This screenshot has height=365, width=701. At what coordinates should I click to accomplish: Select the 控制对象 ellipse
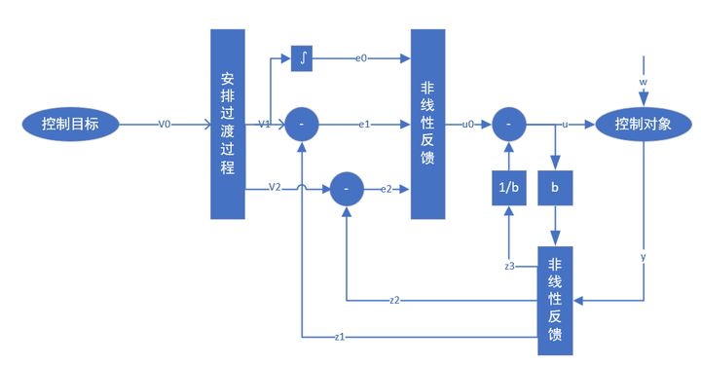642,125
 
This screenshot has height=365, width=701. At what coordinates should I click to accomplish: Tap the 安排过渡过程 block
227,124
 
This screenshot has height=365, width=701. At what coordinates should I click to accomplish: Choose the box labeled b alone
556,187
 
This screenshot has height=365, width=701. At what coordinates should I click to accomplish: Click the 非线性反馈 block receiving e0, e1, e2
427,124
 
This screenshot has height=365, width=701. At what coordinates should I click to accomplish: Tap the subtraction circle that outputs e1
303,125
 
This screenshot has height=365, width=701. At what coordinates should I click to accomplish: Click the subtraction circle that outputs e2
348,187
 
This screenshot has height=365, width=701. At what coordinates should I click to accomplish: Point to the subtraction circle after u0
508,125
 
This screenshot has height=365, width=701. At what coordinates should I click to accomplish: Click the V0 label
165,125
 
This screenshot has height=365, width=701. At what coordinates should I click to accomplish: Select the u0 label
468,125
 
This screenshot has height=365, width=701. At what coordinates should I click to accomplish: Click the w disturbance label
643,82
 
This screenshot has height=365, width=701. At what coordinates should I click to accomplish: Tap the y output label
643,257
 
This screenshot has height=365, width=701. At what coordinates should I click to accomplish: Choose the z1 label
339,337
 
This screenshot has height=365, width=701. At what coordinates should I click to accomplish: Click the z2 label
393,299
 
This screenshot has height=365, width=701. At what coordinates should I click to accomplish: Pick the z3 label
509,266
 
